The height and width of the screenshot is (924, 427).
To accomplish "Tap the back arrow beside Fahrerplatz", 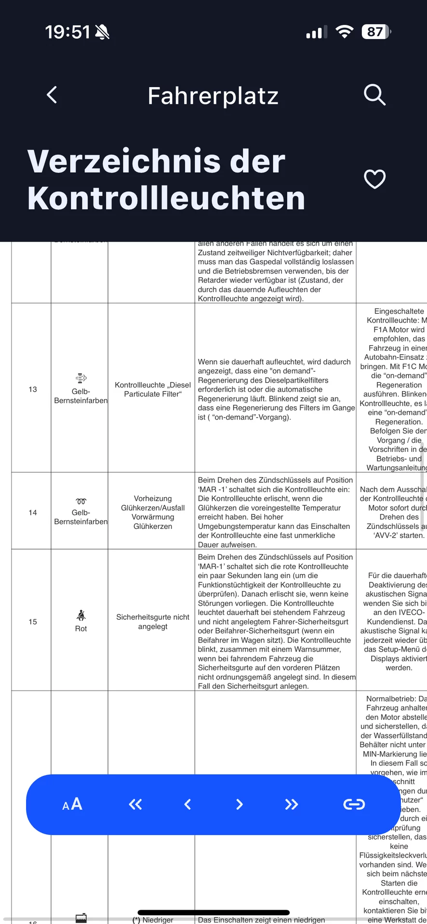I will coord(52,95).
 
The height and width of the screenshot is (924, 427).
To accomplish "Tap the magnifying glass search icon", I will coord(374,95).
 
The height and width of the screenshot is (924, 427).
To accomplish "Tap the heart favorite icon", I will coord(374,179).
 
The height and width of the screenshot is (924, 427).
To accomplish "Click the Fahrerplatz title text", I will coord(213,96).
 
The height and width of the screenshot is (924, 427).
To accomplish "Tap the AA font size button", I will coord(72,804).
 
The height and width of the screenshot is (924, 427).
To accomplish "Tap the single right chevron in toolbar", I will coord(240,804).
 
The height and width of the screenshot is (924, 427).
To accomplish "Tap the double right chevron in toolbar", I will coord(291,804).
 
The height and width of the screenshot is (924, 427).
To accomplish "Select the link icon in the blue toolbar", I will coord(354,804).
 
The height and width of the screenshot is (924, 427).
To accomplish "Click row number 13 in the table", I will coord(33,389).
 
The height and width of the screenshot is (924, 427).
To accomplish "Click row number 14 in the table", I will coord(33,513).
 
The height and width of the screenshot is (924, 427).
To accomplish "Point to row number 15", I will coord(33,622).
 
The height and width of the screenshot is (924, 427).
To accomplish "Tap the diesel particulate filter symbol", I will coord(81,378).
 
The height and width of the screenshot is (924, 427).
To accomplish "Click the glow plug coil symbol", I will coord(81,501).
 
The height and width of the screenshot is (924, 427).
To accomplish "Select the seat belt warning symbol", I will coord(81,615).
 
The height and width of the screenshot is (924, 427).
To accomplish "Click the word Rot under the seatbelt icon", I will coord(81,629).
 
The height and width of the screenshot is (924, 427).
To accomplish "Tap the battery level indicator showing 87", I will coord(376,32).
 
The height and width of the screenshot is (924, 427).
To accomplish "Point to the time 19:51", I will coord(67,32).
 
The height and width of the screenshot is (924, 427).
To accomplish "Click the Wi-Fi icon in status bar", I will coord(344,32).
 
